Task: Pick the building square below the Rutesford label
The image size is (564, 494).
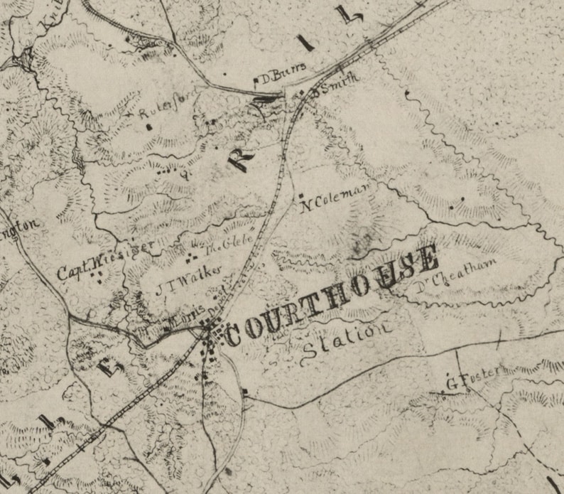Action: pyautogui.click(x=148, y=127)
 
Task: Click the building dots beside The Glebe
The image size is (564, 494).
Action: pyautogui.click(x=193, y=252)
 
